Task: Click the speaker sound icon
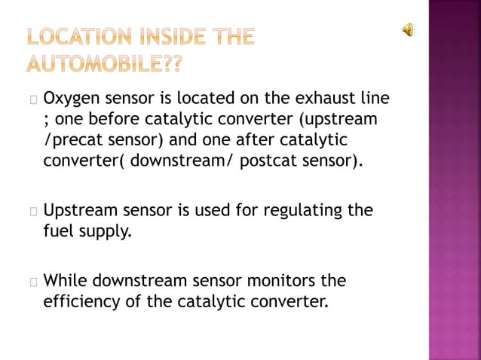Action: click(x=408, y=29)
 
